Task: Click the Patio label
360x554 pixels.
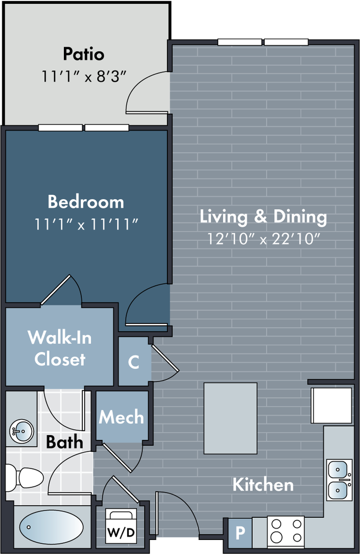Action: click(x=83, y=54)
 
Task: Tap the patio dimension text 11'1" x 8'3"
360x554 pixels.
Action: click(x=83, y=76)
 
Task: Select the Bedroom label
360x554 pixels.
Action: click(x=86, y=202)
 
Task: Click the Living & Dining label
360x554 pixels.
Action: click(x=263, y=216)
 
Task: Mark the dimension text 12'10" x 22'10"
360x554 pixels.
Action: click(x=263, y=239)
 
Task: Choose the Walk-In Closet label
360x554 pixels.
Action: click(x=60, y=348)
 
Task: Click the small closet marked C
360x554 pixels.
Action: click(x=133, y=362)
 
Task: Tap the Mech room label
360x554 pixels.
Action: click(x=121, y=417)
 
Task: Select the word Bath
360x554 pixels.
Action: click(x=64, y=442)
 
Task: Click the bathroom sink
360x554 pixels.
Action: click(x=22, y=432)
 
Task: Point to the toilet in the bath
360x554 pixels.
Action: click(x=24, y=477)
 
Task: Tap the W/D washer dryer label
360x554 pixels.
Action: click(x=121, y=532)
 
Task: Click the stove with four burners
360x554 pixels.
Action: click(x=286, y=531)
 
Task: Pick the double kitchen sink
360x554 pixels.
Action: click(x=339, y=480)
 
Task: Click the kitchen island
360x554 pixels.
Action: click(x=231, y=418)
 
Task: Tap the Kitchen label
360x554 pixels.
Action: click(x=263, y=484)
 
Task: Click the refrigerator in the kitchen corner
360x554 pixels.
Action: click(x=331, y=405)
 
